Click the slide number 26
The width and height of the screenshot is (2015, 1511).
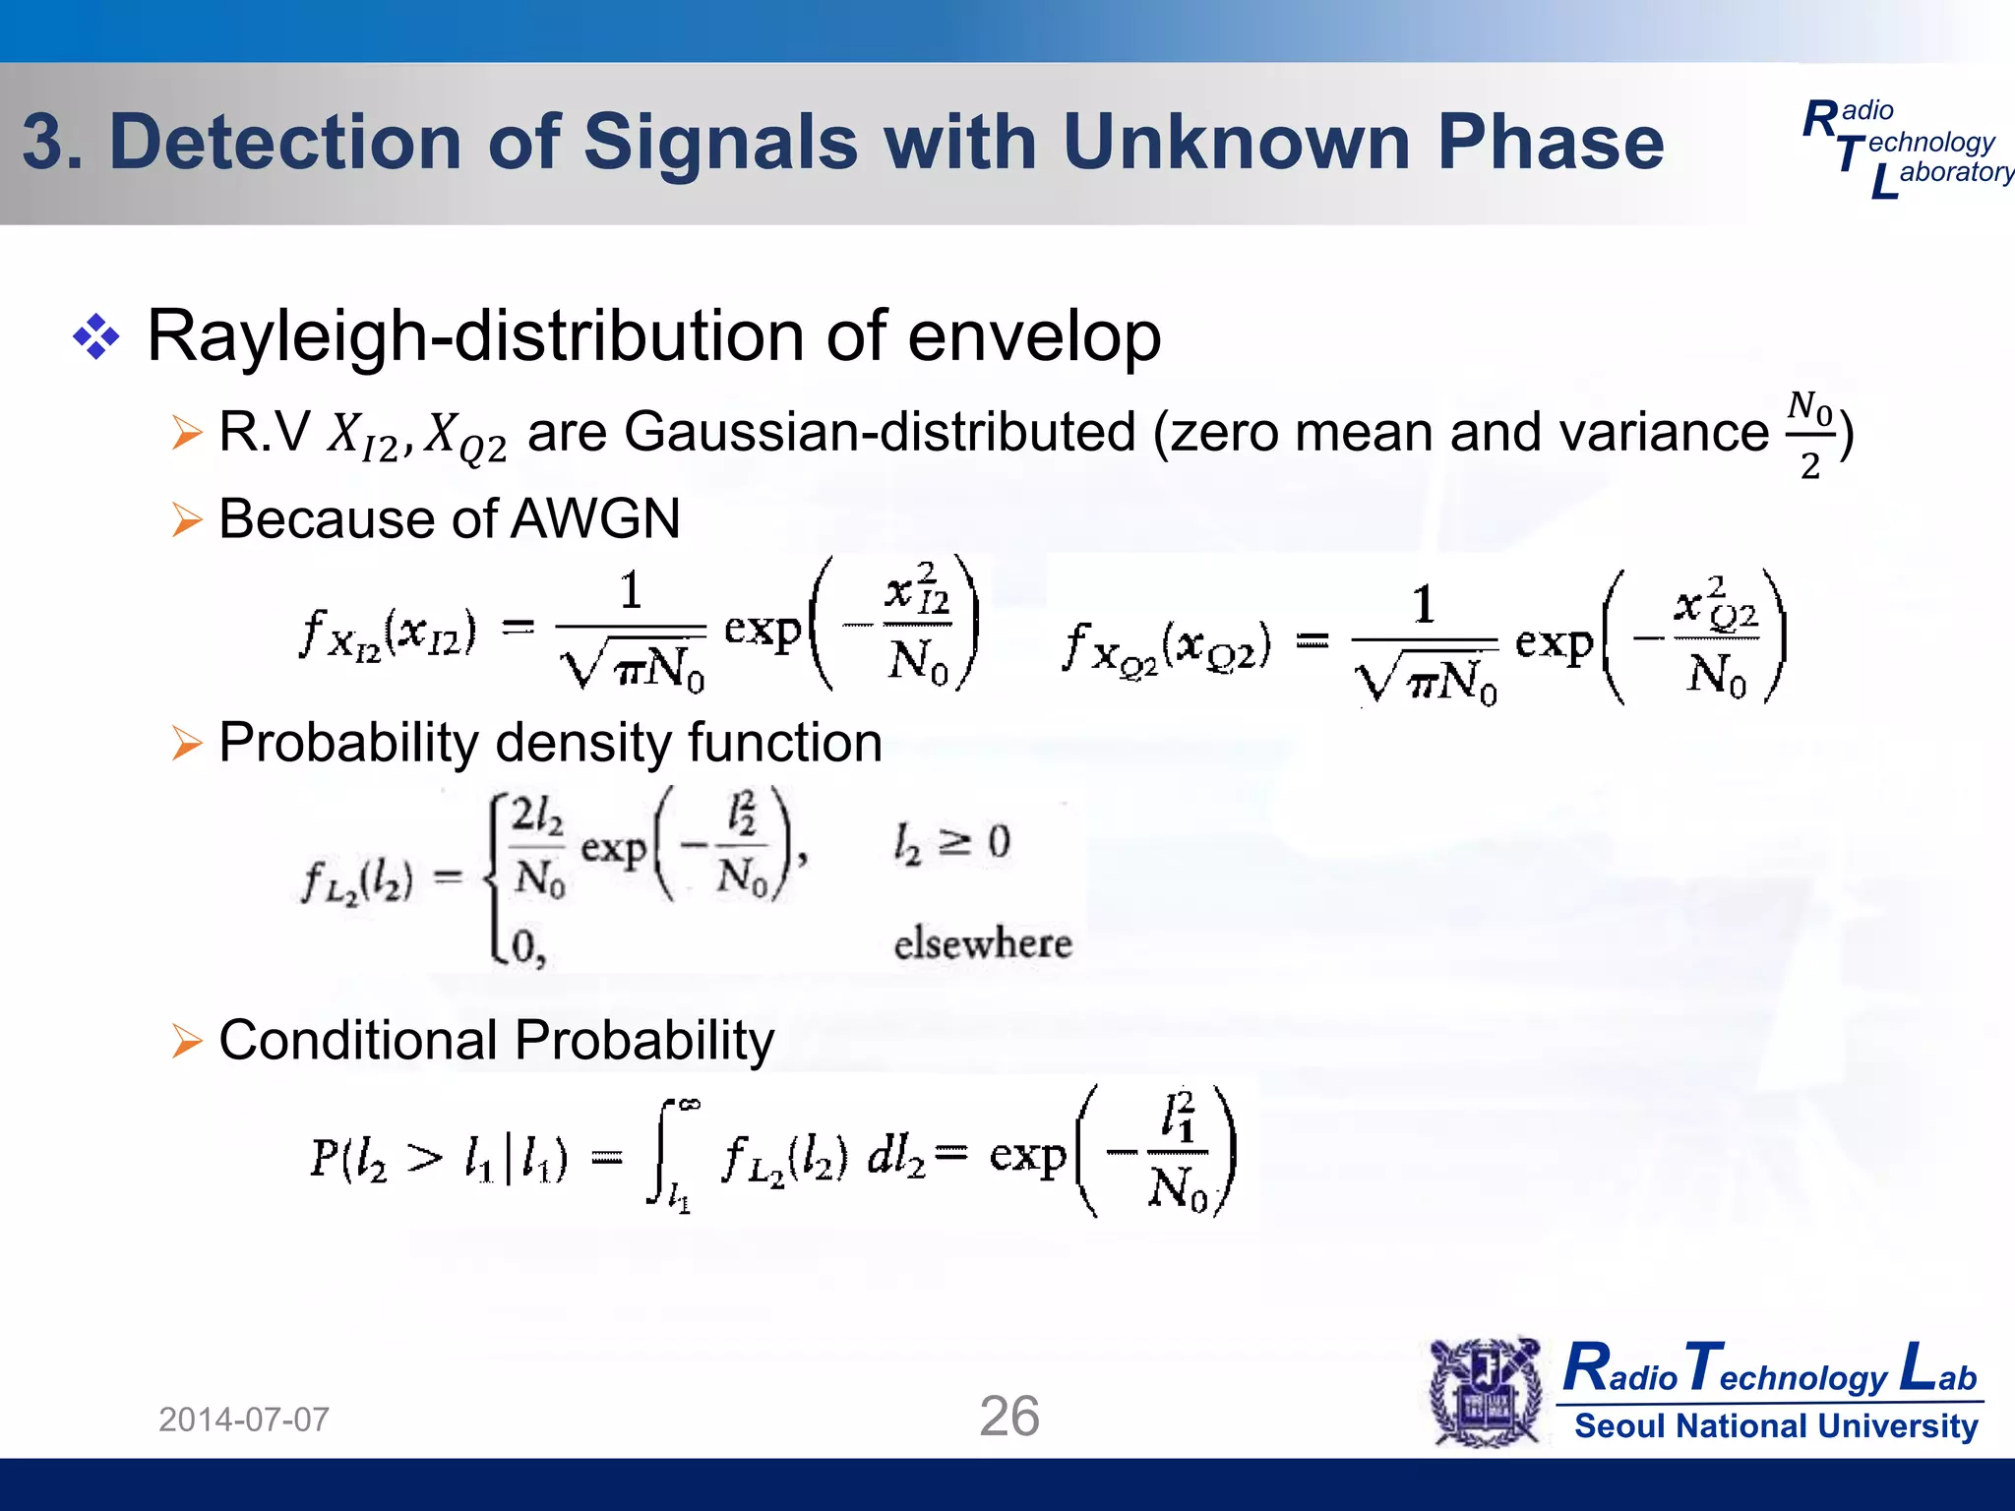coord(1008,1417)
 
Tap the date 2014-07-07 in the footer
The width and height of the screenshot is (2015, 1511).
coord(244,1420)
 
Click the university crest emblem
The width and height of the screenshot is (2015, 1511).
coord(1486,1392)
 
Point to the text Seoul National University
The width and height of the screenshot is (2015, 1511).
coord(1776,1425)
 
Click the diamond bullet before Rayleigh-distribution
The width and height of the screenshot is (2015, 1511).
coord(96,337)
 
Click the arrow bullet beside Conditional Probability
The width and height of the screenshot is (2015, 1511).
coord(186,1041)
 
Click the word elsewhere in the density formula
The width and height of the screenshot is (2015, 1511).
coord(982,943)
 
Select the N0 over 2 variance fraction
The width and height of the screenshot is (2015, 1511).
coord(1810,436)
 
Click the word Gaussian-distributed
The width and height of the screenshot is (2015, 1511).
coord(880,432)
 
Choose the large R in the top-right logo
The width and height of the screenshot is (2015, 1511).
coord(1819,120)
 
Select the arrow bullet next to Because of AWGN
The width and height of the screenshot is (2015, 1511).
coord(186,519)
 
